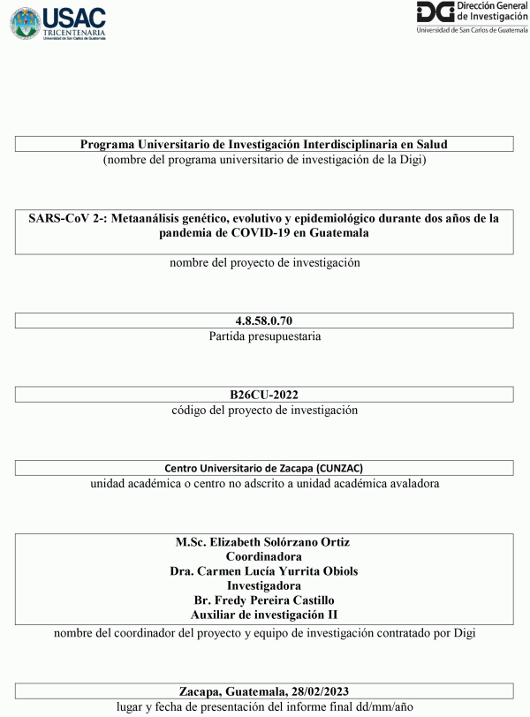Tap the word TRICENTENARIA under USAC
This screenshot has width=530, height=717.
(74, 32)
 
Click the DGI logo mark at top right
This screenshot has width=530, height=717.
(435, 12)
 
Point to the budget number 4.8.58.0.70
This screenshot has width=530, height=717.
(264, 321)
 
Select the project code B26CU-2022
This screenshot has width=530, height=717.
(264, 395)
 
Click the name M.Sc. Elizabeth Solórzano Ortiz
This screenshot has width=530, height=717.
(264, 541)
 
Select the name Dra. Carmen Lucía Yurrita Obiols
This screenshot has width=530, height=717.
(264, 570)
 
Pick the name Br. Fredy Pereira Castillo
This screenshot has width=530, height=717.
(264, 600)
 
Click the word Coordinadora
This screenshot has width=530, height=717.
(264, 556)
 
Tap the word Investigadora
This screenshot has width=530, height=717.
(264, 585)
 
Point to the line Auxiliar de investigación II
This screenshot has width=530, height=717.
(264, 614)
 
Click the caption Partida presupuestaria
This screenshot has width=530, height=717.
(265, 336)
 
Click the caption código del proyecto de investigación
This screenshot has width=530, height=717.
(265, 411)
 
